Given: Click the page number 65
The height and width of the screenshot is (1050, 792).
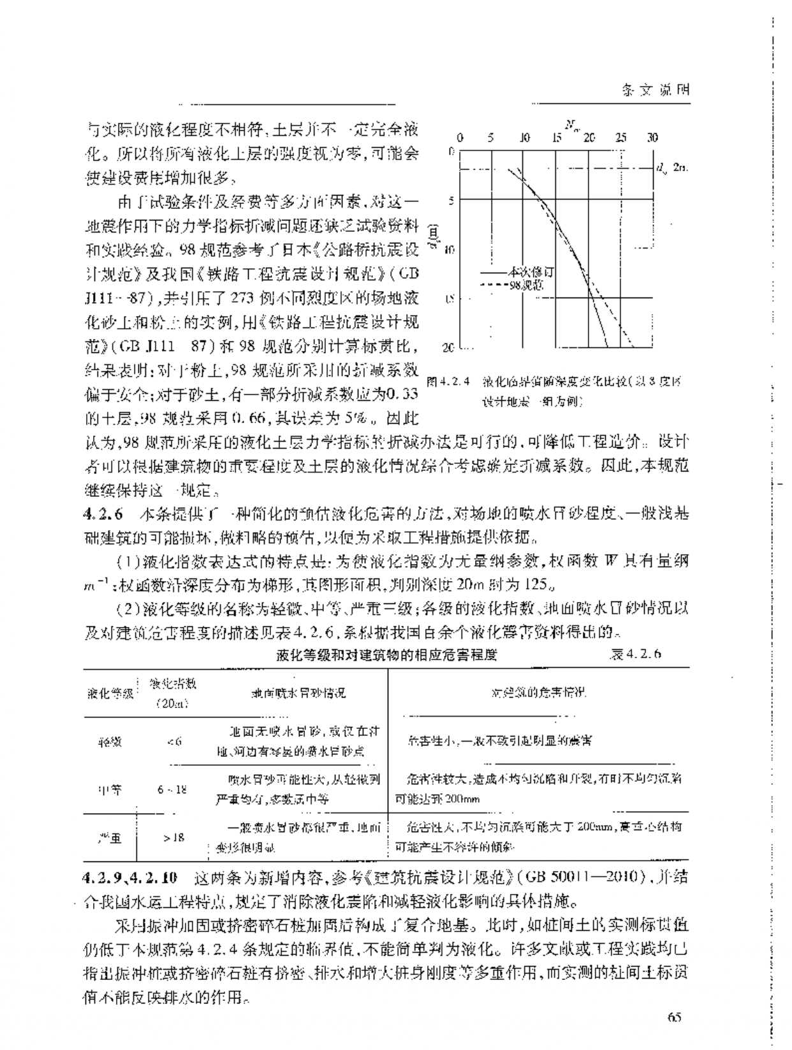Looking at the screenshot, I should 675,1017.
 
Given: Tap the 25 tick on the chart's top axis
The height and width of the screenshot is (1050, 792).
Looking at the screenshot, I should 620,138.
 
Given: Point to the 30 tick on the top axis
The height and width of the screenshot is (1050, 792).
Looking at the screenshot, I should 652,138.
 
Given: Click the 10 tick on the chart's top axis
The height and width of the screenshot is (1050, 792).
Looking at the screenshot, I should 524,138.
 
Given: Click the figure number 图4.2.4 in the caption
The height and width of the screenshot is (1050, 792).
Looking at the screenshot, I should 449,382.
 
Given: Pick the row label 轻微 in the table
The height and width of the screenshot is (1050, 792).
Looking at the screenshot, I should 110,742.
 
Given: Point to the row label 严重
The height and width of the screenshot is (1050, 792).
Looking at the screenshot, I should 110,838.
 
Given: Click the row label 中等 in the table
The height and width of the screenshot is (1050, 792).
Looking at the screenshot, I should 110,790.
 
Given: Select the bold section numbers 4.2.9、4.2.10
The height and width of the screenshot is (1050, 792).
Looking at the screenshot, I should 129,877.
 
